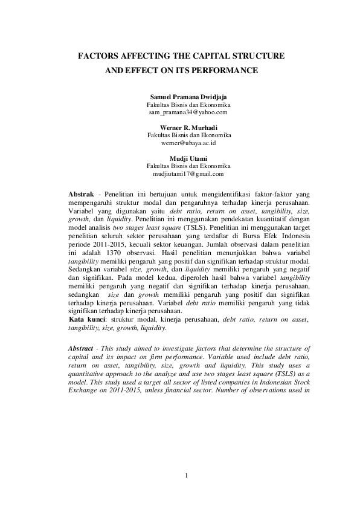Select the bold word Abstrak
point(84,193)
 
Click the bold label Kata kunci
point(88,319)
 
